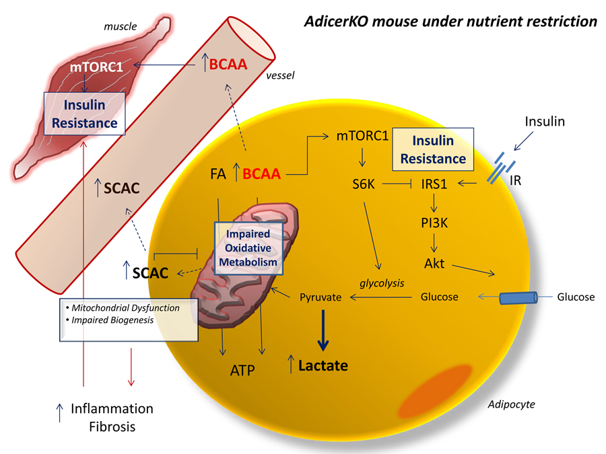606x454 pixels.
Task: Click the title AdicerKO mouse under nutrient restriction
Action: [x=449, y=22]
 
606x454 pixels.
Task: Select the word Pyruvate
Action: [x=321, y=297]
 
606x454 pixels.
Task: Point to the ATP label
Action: [x=242, y=369]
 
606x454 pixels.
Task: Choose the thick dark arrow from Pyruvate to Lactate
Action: [x=323, y=330]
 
